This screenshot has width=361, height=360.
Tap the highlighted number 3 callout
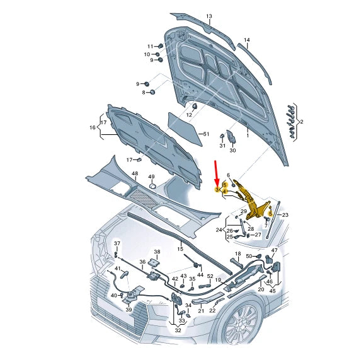(217, 190)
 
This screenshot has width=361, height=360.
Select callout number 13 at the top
(209, 15)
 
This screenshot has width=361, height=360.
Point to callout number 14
(247, 40)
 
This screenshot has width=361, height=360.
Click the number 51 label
(205, 134)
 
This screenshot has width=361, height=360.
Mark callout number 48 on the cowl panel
(134, 173)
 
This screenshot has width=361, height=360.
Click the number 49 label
(151, 177)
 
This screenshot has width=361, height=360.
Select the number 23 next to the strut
(284, 215)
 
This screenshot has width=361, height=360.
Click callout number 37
(117, 243)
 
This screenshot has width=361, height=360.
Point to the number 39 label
(128, 310)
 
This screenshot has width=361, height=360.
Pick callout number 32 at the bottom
(178, 330)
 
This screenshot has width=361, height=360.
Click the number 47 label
(273, 250)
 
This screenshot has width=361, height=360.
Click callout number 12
(188, 115)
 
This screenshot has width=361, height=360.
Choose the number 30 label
(232, 151)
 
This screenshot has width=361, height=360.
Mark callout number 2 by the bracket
(302, 122)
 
